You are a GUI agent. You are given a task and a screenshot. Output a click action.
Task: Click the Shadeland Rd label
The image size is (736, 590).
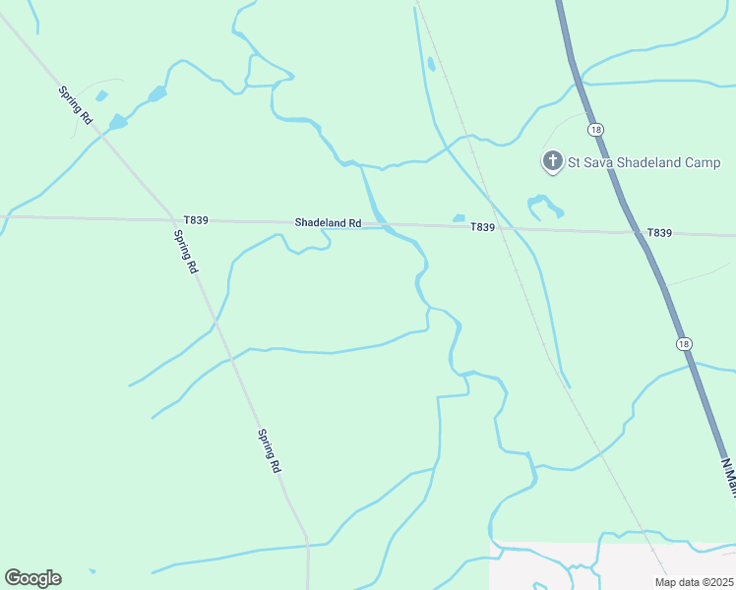click(x=328, y=223)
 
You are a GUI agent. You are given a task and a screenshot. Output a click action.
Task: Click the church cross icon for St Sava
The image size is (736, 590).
click(x=553, y=160)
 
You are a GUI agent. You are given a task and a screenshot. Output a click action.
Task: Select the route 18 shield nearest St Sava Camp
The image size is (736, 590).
click(x=594, y=130)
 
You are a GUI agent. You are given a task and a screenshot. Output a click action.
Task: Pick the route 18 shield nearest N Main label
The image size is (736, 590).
click(x=684, y=343)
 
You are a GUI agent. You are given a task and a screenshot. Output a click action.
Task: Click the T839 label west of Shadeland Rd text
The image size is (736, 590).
click(x=196, y=220)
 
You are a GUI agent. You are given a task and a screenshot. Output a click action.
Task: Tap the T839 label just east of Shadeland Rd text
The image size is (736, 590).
click(x=482, y=227)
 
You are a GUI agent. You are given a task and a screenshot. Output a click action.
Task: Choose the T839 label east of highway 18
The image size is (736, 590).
click(x=659, y=233)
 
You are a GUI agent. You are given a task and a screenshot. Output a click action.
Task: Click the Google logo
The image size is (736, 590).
click(x=32, y=578)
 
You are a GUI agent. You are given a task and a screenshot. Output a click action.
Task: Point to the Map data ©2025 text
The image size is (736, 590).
click(x=695, y=582)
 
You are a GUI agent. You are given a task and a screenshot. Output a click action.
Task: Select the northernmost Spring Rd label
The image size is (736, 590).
click(x=75, y=105)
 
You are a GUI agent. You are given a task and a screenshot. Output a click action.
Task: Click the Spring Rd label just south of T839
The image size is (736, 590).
click(x=186, y=252)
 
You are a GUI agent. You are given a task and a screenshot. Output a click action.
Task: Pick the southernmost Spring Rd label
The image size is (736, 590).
click(x=269, y=451)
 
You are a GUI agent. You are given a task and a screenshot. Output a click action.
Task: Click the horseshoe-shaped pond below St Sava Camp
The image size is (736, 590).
click(x=544, y=206)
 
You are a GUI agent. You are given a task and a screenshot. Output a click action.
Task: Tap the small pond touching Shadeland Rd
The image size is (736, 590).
click(x=459, y=218)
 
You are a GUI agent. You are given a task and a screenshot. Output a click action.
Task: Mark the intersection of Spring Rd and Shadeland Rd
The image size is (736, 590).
click(x=168, y=220)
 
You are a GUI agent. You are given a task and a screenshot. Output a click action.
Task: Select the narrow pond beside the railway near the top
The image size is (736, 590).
click(x=431, y=65)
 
